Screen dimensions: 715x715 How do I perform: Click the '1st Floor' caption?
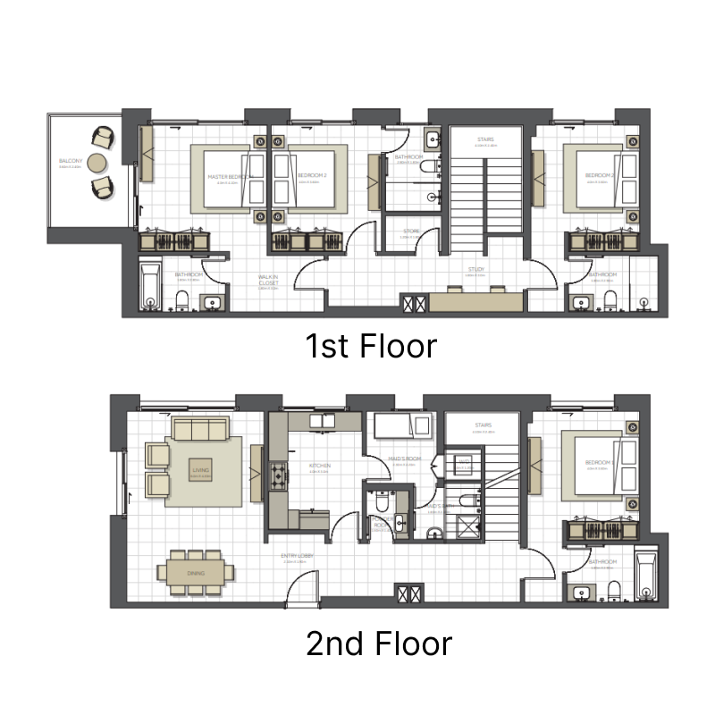pyautogui.click(x=372, y=345)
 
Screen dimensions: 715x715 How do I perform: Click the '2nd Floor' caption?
pyautogui.click(x=379, y=643)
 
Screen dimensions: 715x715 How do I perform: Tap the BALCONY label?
pyautogui.click(x=71, y=162)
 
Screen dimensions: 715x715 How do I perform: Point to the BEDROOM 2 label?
pyautogui.click(x=312, y=176)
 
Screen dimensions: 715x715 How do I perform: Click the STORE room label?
pyautogui.click(x=411, y=231)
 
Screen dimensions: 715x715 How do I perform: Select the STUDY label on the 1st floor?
pyautogui.click(x=476, y=268)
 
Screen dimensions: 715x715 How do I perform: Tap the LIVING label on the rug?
pyautogui.click(x=199, y=469)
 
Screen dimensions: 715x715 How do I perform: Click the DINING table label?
pyautogui.click(x=196, y=573)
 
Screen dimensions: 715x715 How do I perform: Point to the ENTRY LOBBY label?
pyautogui.click(x=296, y=556)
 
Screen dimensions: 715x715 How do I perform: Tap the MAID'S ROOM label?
pyautogui.click(x=404, y=459)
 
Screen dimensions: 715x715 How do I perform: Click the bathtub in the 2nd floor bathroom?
pyautogui.click(x=644, y=576)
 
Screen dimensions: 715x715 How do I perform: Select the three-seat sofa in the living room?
pyautogui.click(x=200, y=429)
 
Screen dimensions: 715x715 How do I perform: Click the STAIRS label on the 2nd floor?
pyautogui.click(x=484, y=425)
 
